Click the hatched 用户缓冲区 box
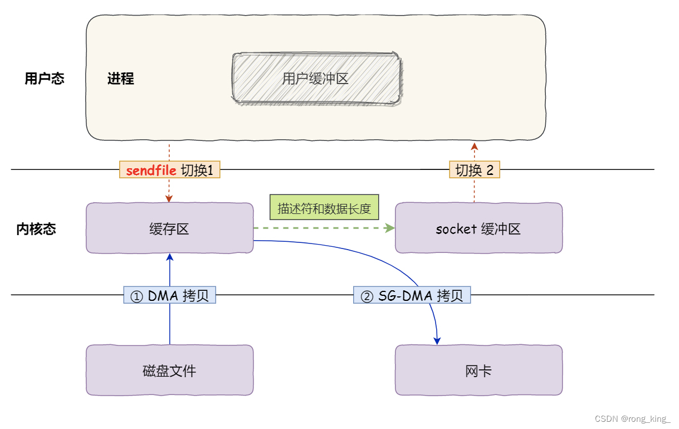(x=316, y=79)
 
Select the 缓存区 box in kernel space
(x=169, y=228)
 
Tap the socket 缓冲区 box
(x=478, y=228)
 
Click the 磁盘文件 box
(x=169, y=370)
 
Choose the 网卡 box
(x=478, y=370)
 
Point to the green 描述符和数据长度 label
(x=324, y=208)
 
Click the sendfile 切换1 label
(x=170, y=170)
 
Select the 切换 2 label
(x=475, y=170)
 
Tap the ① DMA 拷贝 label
(x=169, y=295)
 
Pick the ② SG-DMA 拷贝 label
(x=412, y=295)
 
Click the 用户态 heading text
(x=45, y=79)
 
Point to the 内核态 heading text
(x=36, y=228)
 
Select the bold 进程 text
(x=121, y=79)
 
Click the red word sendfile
(x=151, y=170)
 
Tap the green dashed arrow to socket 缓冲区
(x=323, y=228)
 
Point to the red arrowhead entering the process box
(x=475, y=146)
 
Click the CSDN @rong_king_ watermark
(x=632, y=419)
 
